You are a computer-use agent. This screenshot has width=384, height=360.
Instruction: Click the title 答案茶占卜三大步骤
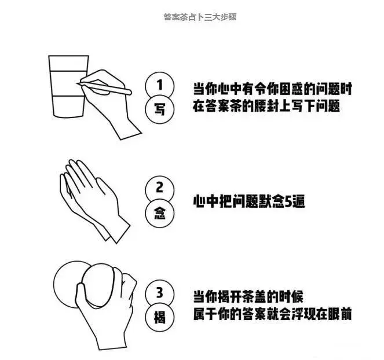200,17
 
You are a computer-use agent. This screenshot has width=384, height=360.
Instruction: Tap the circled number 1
160,86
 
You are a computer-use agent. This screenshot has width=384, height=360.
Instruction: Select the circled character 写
160,109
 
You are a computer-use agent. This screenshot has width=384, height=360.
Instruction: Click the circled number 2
160,189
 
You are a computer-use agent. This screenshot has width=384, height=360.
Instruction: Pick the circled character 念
160,213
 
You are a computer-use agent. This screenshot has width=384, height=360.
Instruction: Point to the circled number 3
160,293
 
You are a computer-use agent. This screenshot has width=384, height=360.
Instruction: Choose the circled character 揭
160,317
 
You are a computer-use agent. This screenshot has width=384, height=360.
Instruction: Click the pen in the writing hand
104,88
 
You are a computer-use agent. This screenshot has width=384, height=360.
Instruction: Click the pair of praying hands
94,201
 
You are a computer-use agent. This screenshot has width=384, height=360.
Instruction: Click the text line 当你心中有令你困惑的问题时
273,89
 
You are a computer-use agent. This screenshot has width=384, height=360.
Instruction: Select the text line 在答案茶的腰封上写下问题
266,106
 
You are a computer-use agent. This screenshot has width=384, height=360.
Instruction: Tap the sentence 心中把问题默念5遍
249,201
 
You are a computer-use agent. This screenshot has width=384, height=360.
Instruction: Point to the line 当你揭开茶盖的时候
248,296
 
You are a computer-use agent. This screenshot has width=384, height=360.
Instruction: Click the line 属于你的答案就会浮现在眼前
273,314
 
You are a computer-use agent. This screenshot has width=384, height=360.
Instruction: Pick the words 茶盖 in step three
254,296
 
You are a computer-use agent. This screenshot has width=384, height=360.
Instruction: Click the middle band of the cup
68,83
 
